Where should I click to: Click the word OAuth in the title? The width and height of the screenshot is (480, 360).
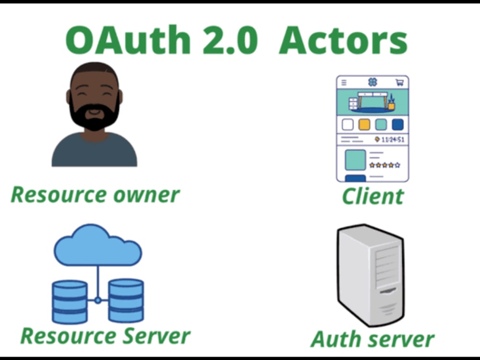[128, 40]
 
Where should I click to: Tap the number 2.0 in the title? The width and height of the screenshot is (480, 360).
[230, 40]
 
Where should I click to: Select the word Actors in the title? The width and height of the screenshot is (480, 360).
[343, 40]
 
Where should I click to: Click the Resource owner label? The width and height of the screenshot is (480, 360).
[95, 195]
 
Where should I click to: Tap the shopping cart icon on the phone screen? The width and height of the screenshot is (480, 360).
[399, 83]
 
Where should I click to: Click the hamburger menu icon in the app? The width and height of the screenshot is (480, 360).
[344, 83]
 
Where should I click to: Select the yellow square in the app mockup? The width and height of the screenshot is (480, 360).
[364, 125]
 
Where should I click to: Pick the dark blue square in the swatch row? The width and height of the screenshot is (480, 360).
[397, 125]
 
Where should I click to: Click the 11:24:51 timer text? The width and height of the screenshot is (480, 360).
[393, 140]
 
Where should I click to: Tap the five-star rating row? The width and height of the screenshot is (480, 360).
[385, 165]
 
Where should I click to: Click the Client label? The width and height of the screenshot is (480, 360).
[373, 196]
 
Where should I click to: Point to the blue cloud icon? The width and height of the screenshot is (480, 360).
[98, 245]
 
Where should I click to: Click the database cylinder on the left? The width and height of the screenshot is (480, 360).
[70, 302]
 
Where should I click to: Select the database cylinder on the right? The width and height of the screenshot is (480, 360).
[126, 300]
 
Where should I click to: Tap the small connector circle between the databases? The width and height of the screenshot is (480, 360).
[97, 300]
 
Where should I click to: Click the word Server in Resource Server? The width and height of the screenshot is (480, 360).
[156, 336]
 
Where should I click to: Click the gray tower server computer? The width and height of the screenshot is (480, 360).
[371, 275]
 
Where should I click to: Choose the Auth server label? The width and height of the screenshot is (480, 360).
[372, 339]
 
